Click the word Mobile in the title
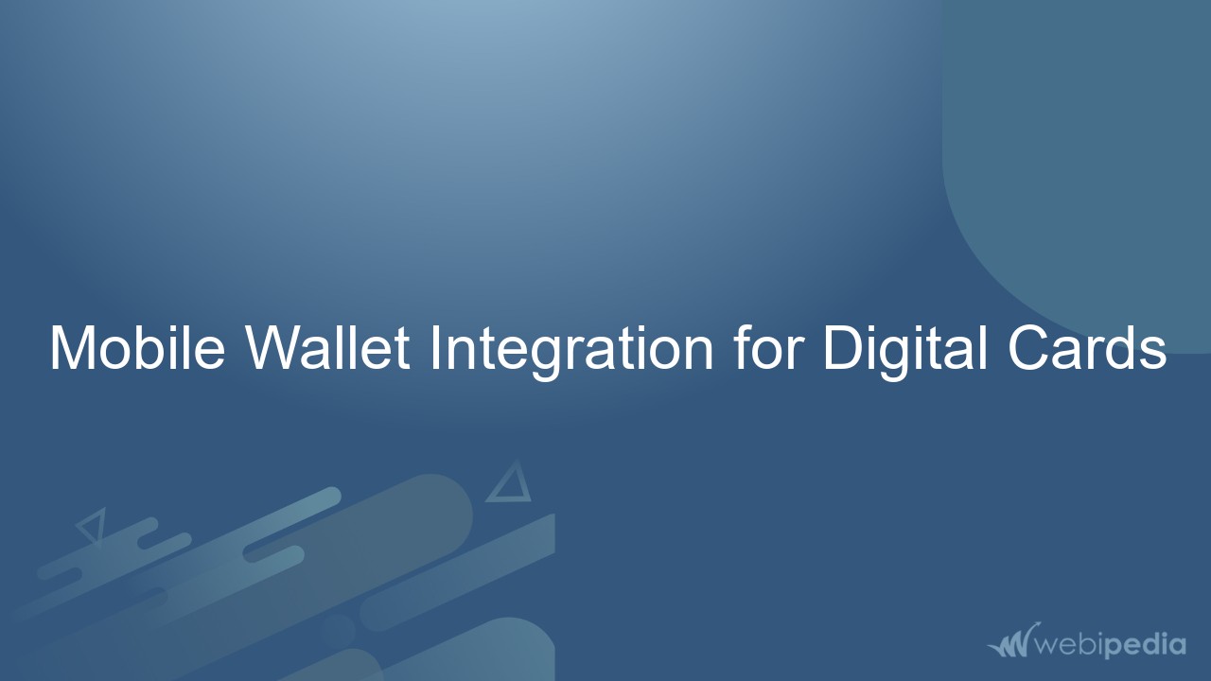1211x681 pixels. click(136, 347)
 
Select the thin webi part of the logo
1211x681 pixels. click(1068, 646)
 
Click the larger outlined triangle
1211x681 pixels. click(510, 484)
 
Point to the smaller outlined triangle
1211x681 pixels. click(93, 525)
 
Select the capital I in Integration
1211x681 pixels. click(434, 347)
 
